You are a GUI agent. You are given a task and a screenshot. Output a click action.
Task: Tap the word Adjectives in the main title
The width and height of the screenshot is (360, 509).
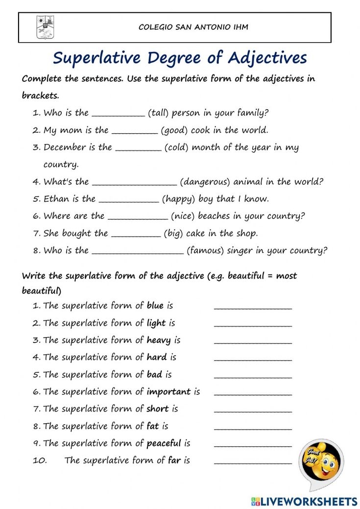pyautogui.click(x=267, y=58)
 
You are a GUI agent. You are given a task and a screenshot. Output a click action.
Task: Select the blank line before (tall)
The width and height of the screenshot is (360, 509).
pyautogui.click(x=119, y=115)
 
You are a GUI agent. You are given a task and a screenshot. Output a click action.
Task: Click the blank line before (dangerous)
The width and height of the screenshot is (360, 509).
pyautogui.click(x=134, y=184)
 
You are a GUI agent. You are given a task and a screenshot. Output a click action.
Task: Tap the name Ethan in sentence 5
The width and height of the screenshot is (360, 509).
pyautogui.click(x=56, y=199)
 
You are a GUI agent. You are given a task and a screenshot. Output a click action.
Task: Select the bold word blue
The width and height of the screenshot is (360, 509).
pyautogui.click(x=155, y=305)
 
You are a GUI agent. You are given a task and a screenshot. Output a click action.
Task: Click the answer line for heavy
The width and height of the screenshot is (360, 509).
pyautogui.click(x=253, y=342)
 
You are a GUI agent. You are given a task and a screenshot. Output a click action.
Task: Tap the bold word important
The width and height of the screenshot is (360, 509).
pyautogui.click(x=169, y=391)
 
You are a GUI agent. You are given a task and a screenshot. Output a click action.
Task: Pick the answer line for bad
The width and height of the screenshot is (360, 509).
pyautogui.click(x=253, y=377)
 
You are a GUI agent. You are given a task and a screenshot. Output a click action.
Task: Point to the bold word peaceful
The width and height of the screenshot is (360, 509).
pyautogui.click(x=164, y=443)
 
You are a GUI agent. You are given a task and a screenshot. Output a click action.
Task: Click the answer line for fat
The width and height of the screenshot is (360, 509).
pyautogui.click(x=253, y=429)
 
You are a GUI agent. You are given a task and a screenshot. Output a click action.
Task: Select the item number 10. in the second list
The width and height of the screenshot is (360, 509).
pyautogui.click(x=39, y=461)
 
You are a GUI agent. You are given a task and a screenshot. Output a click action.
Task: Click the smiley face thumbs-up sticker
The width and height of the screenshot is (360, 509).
pyautogui.click(x=321, y=463)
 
